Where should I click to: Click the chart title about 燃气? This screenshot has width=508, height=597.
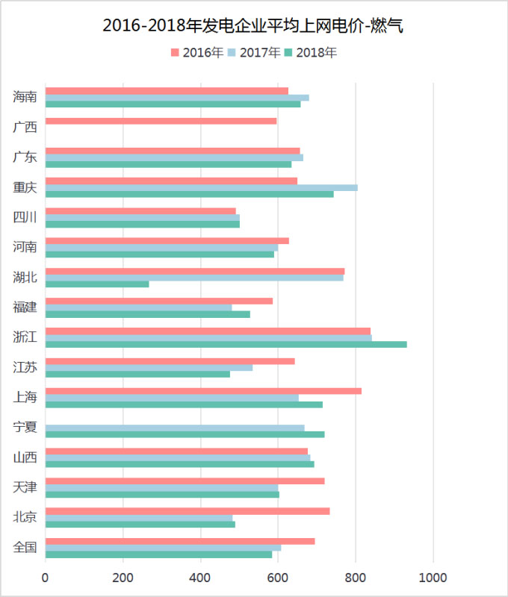point(253,25)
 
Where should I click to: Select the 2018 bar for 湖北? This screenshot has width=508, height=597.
point(97,284)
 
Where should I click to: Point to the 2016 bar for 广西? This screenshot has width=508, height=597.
point(161,121)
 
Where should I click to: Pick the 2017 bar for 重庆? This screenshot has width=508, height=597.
point(202,187)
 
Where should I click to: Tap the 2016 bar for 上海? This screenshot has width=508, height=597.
point(203,391)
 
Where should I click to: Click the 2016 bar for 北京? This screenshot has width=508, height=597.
point(188,510)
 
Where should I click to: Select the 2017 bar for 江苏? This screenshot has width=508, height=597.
point(149,367)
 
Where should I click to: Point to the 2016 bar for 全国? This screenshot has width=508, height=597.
point(180,541)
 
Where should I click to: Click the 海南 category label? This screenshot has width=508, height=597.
point(25,97)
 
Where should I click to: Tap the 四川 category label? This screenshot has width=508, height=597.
point(25,217)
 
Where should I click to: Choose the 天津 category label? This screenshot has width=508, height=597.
point(25,487)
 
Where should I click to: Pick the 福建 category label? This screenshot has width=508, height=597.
point(25,307)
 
